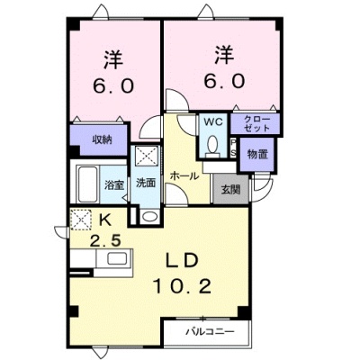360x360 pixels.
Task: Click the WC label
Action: (213, 121)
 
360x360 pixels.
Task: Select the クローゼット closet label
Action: (256, 123)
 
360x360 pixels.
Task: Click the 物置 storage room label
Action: (257, 154)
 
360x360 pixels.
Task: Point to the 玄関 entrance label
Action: (230, 189)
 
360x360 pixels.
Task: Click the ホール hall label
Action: (184, 176)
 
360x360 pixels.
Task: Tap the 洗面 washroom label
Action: (146, 183)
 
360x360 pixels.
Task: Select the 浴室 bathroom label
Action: (114, 184)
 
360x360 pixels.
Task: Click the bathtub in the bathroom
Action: (87, 184)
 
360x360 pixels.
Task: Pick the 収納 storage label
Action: (102, 139)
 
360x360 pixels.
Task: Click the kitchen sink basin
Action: (117, 258)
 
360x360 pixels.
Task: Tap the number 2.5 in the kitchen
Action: (105, 240)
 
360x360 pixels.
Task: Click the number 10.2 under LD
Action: (183, 286)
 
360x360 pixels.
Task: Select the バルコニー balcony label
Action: (210, 332)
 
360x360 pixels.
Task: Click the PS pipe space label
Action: (233, 147)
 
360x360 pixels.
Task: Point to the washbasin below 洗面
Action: (149, 216)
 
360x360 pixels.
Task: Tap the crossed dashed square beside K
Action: (81, 220)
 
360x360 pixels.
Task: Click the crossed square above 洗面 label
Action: (147, 155)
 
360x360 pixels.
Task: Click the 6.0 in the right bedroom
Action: (224, 80)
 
